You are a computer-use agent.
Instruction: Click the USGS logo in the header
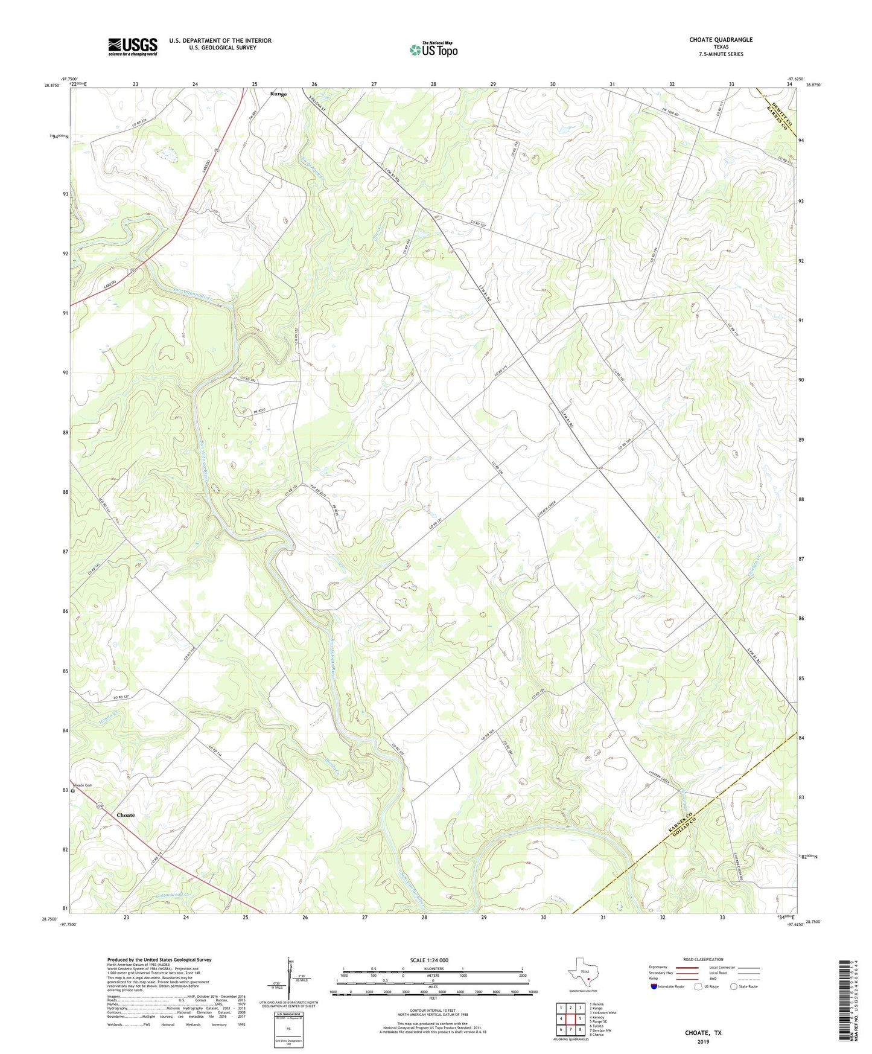pyautogui.click(x=133, y=46)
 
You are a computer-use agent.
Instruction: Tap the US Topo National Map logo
pyautogui.click(x=433, y=50)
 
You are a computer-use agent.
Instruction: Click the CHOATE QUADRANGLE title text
pyautogui.click(x=721, y=40)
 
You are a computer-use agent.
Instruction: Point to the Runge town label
pyautogui.click(x=278, y=94)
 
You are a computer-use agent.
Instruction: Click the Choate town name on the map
pyautogui.click(x=126, y=815)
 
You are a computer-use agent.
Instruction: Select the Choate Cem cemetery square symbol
pyautogui.click(x=72, y=790)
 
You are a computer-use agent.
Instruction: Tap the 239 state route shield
pyautogui.click(x=100, y=806)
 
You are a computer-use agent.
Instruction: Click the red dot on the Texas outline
pyautogui.click(x=588, y=979)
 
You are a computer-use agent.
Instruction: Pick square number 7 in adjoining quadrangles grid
pyautogui.click(x=570, y=1030)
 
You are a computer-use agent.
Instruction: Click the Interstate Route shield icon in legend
pyautogui.click(x=654, y=986)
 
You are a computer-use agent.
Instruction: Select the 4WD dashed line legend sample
pyautogui.click(x=748, y=980)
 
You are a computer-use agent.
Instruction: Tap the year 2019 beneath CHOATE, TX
pyautogui.click(x=703, y=1041)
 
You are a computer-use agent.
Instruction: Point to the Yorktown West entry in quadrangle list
pyautogui.click(x=603, y=1013)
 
